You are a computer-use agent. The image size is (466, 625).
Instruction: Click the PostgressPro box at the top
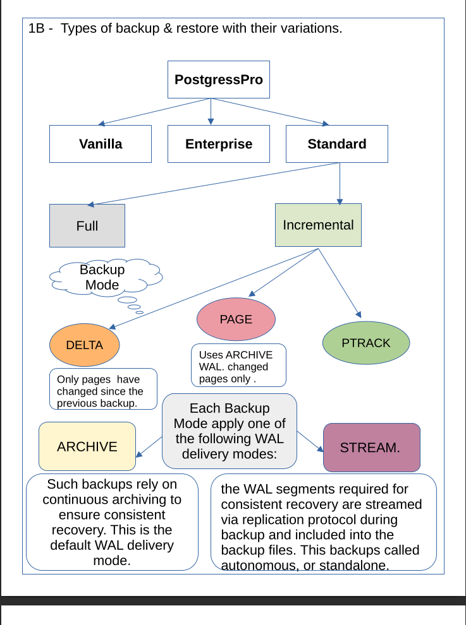pyautogui.click(x=218, y=80)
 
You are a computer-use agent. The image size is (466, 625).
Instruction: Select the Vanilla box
pyautogui.click(x=101, y=144)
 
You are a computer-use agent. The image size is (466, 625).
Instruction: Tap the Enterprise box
pyautogui.click(x=218, y=144)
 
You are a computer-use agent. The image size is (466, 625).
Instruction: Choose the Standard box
pyautogui.click(x=336, y=144)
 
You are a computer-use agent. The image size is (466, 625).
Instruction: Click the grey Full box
pyautogui.click(x=87, y=225)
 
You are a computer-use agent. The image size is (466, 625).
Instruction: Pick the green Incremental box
pyautogui.click(x=318, y=225)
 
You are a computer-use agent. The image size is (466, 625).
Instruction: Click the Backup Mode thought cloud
pyautogui.click(x=104, y=277)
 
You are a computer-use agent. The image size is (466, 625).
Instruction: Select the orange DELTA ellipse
pyautogui.click(x=84, y=345)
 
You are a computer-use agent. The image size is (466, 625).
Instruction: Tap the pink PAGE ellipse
pyautogui.click(x=236, y=319)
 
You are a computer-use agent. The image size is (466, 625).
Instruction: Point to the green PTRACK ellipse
pyautogui.click(x=365, y=343)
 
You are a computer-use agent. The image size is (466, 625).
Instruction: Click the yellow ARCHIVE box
pyautogui.click(x=87, y=446)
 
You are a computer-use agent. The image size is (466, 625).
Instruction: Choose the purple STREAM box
pyautogui.click(x=371, y=448)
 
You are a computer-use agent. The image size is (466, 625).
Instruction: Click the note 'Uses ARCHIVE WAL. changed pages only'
pyautogui.click(x=239, y=365)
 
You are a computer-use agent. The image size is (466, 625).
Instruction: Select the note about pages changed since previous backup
pyautogui.click(x=103, y=389)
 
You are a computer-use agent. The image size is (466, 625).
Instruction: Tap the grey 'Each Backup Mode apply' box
pyautogui.click(x=230, y=431)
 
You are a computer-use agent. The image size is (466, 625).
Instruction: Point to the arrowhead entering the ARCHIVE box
pyautogui.click(x=139, y=454)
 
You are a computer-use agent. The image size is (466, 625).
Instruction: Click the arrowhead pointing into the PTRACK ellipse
pyautogui.click(x=359, y=314)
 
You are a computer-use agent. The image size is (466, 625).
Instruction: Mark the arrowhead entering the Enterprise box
pyautogui.click(x=211, y=122)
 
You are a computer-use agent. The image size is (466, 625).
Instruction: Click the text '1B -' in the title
pyautogui.click(x=40, y=28)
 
